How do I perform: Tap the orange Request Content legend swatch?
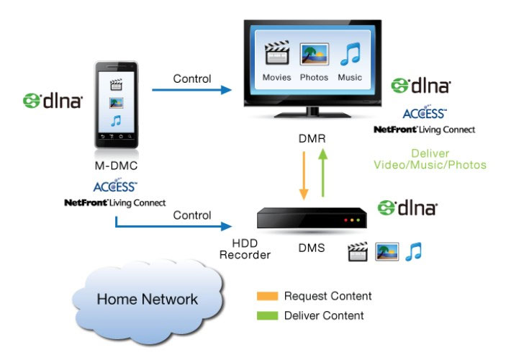[x=266, y=296]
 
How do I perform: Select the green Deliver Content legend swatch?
[x=266, y=315]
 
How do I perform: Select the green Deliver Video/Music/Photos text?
[x=430, y=159]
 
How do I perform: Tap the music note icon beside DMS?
[x=413, y=251]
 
